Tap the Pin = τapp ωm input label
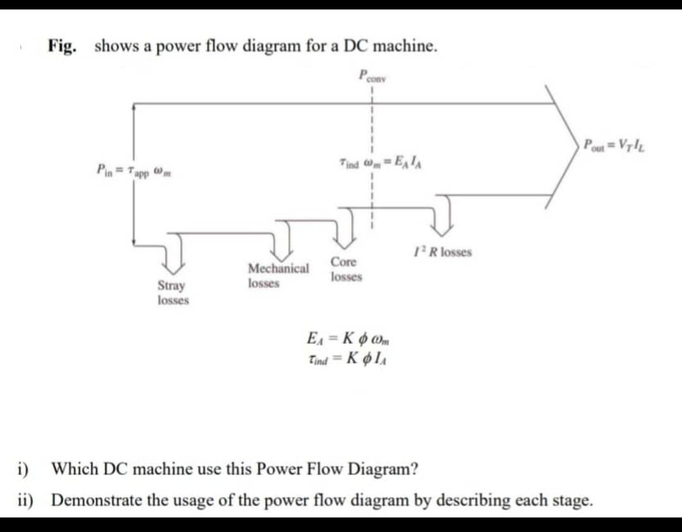click(134, 170)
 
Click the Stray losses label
click(172, 293)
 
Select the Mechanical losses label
click(278, 275)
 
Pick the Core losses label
click(345, 269)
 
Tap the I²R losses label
click(443, 252)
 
